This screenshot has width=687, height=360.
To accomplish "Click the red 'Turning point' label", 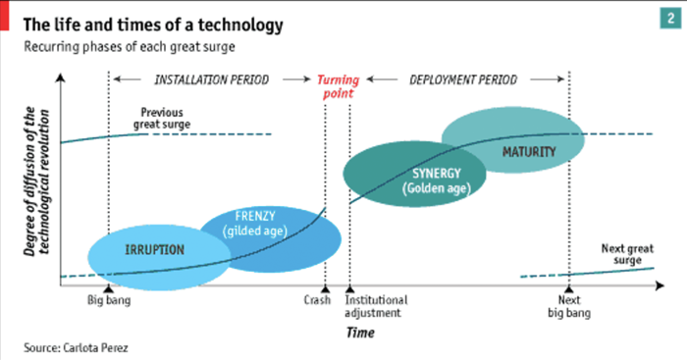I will [x=337, y=87].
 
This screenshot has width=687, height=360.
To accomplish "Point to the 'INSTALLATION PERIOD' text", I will [x=210, y=78].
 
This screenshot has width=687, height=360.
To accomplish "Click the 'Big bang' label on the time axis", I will [x=109, y=300].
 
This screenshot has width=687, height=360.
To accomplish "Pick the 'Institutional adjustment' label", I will [x=376, y=306].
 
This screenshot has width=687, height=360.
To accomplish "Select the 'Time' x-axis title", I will [x=360, y=334].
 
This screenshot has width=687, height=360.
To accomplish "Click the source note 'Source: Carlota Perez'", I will [x=76, y=348].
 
